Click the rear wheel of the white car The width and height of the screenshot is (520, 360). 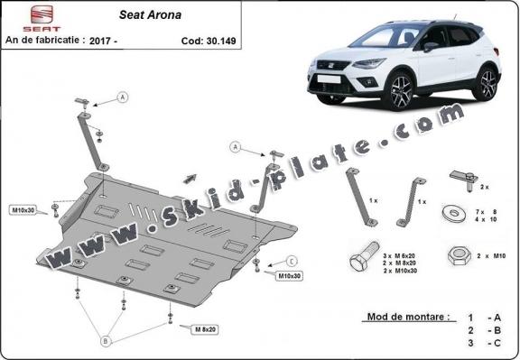(487, 83)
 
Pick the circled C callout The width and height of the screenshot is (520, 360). (291, 260)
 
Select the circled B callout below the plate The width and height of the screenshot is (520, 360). (107, 341)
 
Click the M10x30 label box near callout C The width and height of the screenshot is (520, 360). (289, 274)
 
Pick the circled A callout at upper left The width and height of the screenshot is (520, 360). (122, 97)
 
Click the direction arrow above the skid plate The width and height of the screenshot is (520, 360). (190, 177)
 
